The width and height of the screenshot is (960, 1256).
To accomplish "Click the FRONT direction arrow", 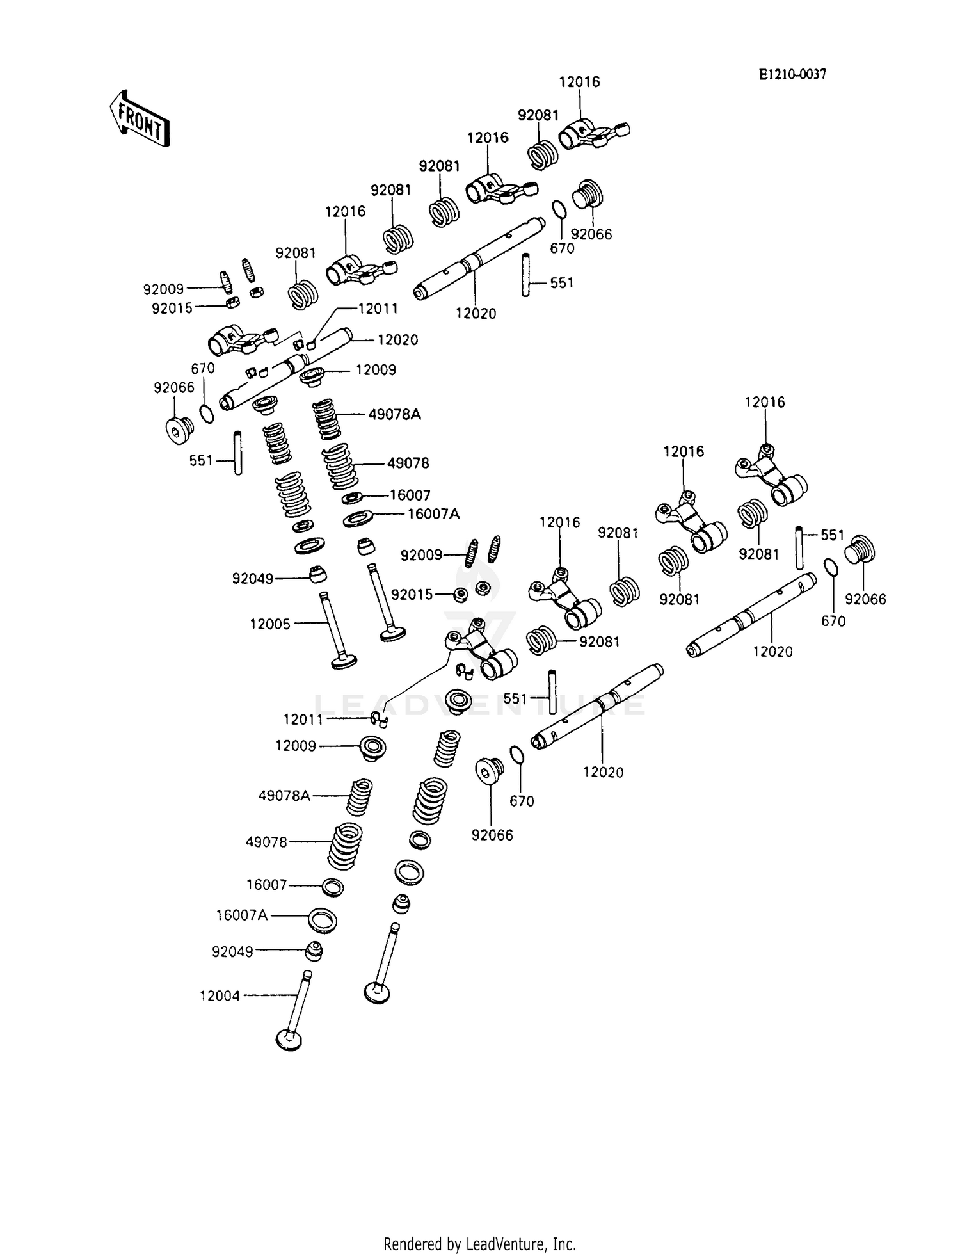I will [x=139, y=119].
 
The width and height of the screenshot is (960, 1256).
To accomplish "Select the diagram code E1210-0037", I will [x=792, y=75].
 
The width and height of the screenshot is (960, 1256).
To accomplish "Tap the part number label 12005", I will [x=269, y=624].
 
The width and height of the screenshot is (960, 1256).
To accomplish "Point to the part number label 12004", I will [x=220, y=995].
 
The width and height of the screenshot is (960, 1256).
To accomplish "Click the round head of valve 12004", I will [x=289, y=1040].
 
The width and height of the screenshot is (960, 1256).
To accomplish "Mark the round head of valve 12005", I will [x=344, y=661].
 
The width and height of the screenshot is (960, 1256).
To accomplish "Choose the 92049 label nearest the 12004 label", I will [x=232, y=952].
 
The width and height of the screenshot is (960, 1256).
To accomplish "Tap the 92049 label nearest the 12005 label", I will [x=253, y=579].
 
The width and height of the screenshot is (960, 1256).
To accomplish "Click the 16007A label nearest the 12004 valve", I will [x=241, y=915].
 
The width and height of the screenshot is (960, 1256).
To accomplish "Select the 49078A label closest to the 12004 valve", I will [x=284, y=796].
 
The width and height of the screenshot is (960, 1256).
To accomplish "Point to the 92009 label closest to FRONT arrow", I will [x=163, y=289].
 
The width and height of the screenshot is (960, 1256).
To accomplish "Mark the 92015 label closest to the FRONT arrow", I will [x=172, y=309].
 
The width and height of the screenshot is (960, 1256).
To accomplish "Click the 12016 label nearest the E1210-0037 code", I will [x=579, y=82].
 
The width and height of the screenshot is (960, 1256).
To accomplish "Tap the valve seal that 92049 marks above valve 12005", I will [x=317, y=574].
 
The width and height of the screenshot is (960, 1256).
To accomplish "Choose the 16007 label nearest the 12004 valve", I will [x=266, y=885].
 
